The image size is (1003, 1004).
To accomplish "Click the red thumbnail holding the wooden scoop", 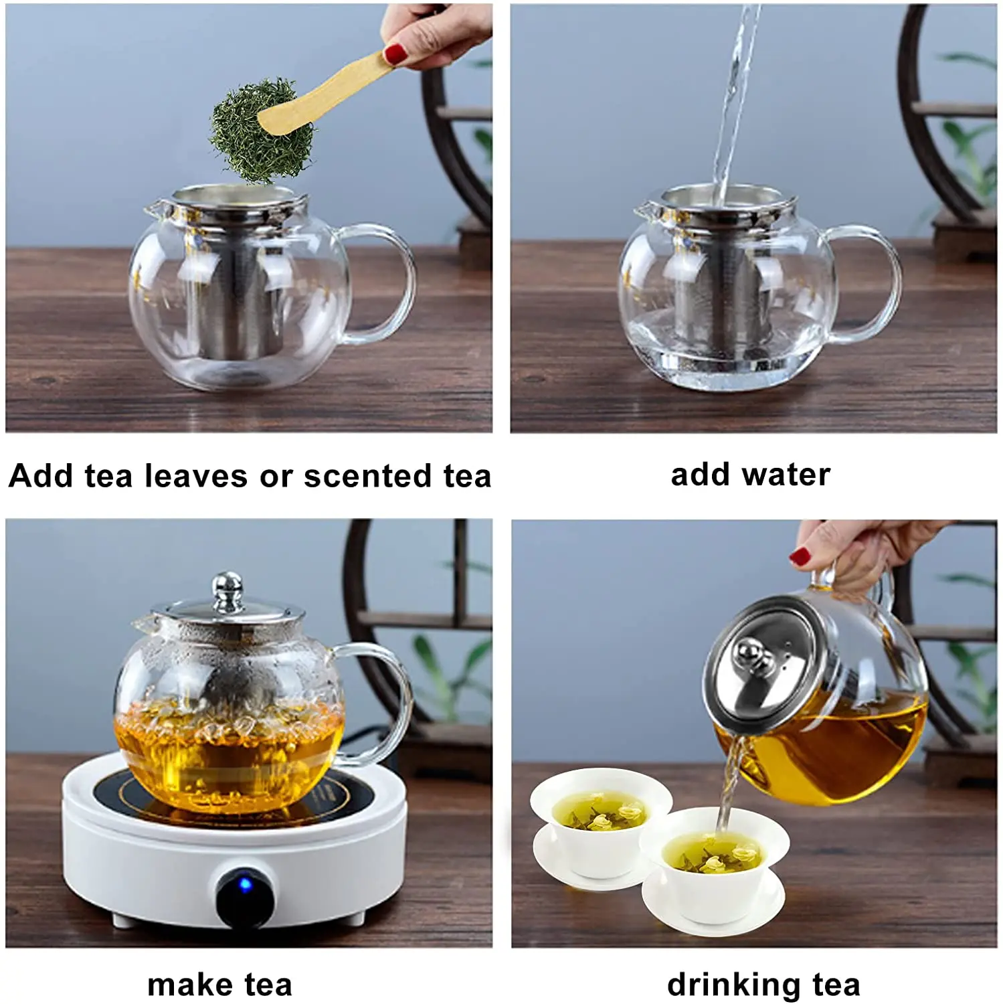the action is (x=396, y=53).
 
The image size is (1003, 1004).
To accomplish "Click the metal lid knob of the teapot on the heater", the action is (x=228, y=592).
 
